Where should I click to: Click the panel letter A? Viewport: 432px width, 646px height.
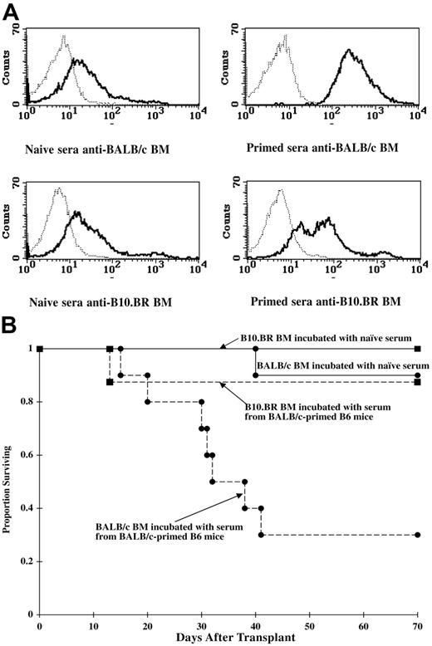click(x=11, y=9)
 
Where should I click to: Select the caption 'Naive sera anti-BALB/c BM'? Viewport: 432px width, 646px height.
click(x=97, y=147)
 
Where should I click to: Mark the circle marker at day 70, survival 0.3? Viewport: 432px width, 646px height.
click(x=416, y=535)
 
